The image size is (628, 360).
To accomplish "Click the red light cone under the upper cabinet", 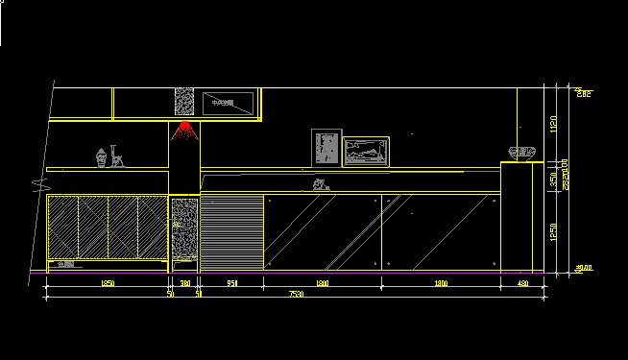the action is [x=184, y=131].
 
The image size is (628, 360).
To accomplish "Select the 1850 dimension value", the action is [x=108, y=284].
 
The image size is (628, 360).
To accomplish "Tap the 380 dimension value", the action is [x=184, y=284].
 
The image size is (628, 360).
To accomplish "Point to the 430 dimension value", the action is [x=523, y=284].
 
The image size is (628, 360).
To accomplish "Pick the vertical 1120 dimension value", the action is [x=553, y=124].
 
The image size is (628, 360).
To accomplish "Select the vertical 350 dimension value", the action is [x=553, y=179].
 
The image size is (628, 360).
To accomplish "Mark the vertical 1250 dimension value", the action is [x=553, y=231].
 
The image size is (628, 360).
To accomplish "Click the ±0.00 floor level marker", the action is [x=583, y=269].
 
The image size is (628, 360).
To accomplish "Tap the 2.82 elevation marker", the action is [x=583, y=92].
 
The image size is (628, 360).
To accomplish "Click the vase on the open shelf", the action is [x=101, y=156].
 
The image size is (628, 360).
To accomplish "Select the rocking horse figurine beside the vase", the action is [x=119, y=156].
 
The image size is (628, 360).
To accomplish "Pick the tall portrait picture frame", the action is [x=326, y=147].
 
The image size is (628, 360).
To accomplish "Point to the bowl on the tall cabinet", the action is [x=521, y=152].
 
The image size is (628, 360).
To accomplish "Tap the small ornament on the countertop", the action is [x=320, y=184].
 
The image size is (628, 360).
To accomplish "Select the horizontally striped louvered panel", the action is [x=230, y=231].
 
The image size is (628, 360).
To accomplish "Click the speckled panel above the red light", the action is [x=184, y=103].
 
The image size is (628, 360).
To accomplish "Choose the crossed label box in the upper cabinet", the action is [x=227, y=102].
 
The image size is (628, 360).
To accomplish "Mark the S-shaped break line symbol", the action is [x=36, y=180].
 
